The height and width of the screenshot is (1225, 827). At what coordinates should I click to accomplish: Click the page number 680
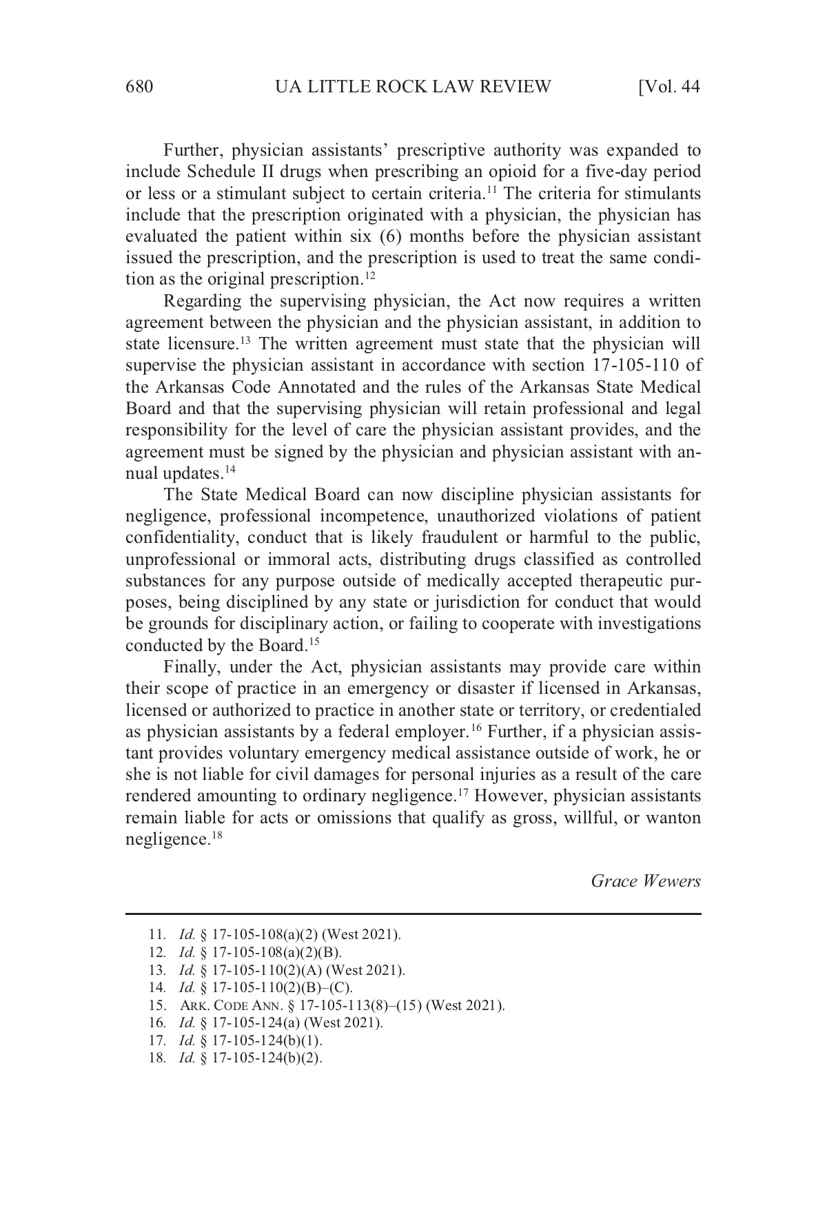(139, 87)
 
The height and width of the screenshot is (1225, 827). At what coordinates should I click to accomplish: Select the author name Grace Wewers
(646, 881)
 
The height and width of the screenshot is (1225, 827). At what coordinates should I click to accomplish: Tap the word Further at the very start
(192, 150)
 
